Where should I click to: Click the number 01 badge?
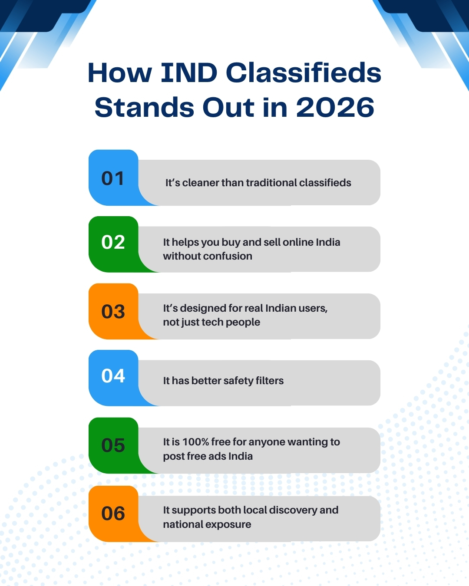click(113, 178)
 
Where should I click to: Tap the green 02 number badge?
click(113, 244)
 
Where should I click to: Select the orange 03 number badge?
click(113, 311)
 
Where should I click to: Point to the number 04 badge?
click(113, 378)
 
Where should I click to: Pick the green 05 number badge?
click(113, 445)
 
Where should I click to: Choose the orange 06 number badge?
click(113, 514)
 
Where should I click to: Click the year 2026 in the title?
click(335, 107)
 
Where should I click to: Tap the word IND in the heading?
click(189, 72)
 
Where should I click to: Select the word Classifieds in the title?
click(304, 72)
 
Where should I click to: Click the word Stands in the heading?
click(145, 107)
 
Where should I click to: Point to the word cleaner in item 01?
click(200, 183)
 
